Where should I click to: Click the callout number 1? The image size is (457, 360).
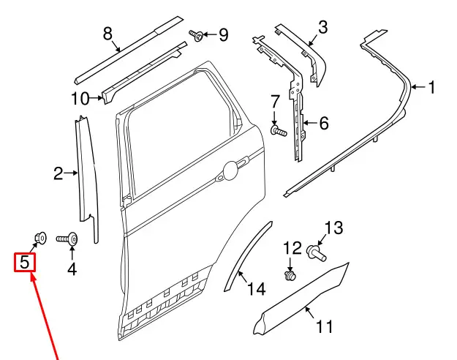(x=431, y=89)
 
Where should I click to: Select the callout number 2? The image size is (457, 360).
(x=59, y=173)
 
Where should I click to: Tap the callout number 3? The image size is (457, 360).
(x=322, y=30)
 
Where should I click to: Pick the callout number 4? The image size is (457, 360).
(x=72, y=269)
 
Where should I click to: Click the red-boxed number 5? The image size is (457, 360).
(x=26, y=260)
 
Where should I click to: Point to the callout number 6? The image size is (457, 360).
(x=323, y=123)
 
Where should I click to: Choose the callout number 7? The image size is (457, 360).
(x=275, y=100)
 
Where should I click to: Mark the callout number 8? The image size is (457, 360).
(x=107, y=33)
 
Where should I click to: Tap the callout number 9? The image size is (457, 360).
(x=222, y=34)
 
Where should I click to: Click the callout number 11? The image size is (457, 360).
(x=324, y=327)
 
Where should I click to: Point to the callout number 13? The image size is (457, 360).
(x=333, y=228)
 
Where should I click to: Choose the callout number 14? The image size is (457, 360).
(x=255, y=290)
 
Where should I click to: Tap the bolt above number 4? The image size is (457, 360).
(x=70, y=237)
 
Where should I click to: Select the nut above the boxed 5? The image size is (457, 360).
(x=40, y=237)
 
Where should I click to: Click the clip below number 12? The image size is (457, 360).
(x=291, y=276)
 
